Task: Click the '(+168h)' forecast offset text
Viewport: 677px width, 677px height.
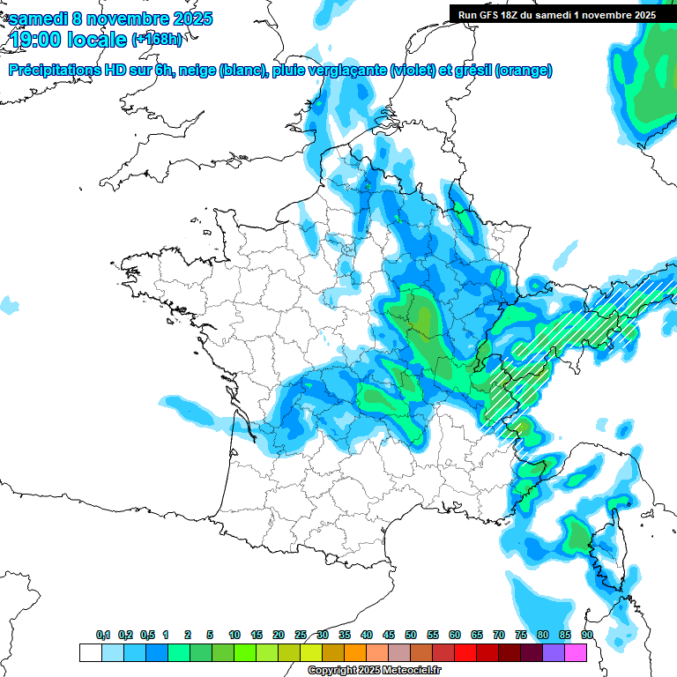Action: pyautogui.click(x=157, y=40)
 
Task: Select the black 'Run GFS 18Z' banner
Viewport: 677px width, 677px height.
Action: pyautogui.click(x=556, y=14)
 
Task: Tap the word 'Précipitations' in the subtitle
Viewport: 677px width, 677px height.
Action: pyautogui.click(x=53, y=71)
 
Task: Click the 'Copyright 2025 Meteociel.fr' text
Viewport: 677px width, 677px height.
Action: pyautogui.click(x=374, y=671)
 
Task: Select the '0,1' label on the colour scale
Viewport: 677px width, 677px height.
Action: pyautogui.click(x=103, y=636)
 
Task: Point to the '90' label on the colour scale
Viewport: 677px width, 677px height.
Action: pyautogui.click(x=587, y=636)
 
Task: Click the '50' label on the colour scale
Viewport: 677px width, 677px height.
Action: pyautogui.click(x=411, y=636)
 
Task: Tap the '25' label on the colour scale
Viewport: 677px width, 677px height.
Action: pyautogui.click(x=301, y=636)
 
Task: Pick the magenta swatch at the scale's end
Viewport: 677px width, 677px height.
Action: pyautogui.click(x=576, y=652)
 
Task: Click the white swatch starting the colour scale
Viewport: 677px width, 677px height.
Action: pyautogui.click(x=90, y=652)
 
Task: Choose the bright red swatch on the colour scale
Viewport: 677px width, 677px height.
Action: pyautogui.click(x=465, y=652)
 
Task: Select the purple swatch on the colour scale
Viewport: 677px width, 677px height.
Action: pyautogui.click(x=554, y=652)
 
